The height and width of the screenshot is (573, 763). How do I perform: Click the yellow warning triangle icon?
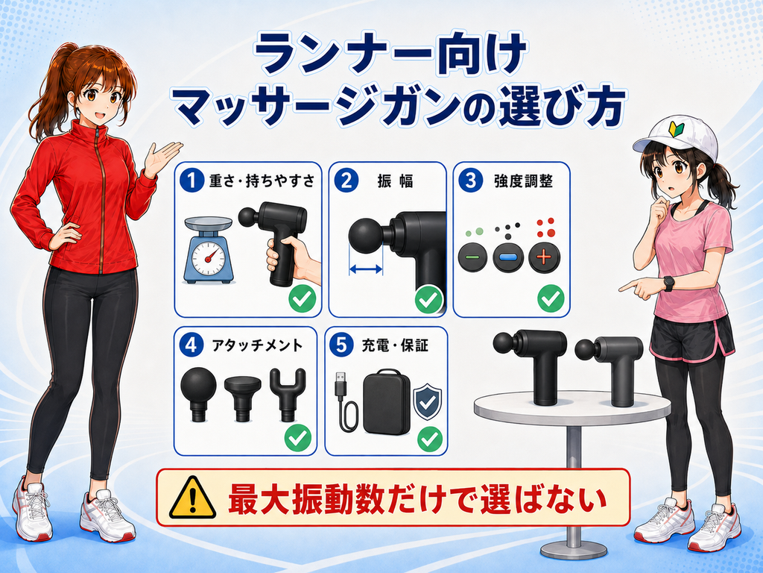(x=193, y=498)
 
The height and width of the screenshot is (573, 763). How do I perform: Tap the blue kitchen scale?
(x=209, y=250)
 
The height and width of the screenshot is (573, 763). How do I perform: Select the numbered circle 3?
(x=471, y=181)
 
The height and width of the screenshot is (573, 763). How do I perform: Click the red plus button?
(x=545, y=257)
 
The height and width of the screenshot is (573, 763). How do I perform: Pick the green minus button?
(x=472, y=257)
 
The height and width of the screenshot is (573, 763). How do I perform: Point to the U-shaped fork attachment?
(x=288, y=394)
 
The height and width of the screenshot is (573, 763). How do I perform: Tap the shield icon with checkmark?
(x=427, y=402)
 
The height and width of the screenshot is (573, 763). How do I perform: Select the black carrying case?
(x=387, y=401)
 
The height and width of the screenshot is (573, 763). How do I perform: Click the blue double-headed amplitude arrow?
(x=365, y=269)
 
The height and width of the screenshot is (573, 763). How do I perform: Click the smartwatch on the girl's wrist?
(x=668, y=284)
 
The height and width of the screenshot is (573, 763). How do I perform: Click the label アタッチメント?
(x=257, y=345)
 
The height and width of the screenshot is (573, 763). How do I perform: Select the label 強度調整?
(x=524, y=181)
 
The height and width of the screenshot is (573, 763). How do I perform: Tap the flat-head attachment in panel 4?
(x=242, y=398)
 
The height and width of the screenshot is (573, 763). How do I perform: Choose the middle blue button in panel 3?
(x=508, y=257)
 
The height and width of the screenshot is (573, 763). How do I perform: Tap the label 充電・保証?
(x=395, y=345)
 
